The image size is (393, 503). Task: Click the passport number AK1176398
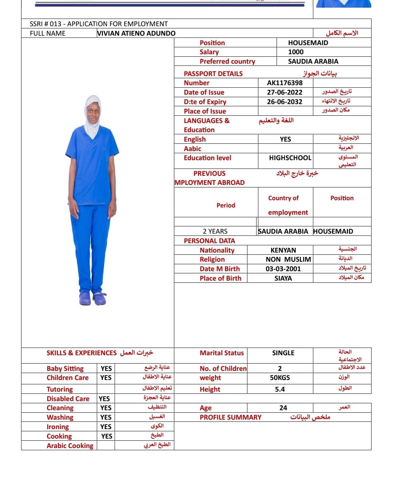[285, 83]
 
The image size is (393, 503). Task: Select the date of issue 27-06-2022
[285, 92]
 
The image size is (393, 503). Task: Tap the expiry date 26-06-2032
[285, 102]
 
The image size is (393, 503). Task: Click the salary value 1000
[295, 52]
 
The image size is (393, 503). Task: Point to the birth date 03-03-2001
[283, 269]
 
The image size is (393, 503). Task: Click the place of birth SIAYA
[283, 278]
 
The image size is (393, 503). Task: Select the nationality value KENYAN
[283, 250]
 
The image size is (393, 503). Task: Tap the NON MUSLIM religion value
[288, 259]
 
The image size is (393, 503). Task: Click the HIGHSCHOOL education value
[290, 158]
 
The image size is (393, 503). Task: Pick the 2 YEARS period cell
[215, 231]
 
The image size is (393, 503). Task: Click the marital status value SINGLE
[283, 353]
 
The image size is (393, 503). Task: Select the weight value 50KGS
[280, 377]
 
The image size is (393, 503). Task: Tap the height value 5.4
[280, 389]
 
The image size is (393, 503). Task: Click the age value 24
[283, 408]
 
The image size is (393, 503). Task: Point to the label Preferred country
[227, 61]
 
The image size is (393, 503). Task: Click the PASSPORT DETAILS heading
[213, 74]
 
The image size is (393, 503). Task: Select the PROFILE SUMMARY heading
[230, 417]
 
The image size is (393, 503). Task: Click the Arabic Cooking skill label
[70, 445]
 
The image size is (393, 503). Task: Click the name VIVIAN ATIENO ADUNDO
[136, 33]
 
